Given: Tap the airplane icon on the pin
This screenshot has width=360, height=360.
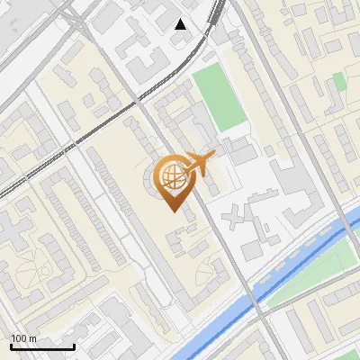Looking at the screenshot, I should (198, 164).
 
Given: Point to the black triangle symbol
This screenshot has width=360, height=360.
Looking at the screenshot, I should (181, 24).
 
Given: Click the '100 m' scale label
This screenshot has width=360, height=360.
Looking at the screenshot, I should (23, 338).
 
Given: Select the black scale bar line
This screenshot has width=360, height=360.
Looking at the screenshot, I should (42, 346).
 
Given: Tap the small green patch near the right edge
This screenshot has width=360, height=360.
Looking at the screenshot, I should (339, 82).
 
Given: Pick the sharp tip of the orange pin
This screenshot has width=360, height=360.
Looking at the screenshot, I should (172, 210).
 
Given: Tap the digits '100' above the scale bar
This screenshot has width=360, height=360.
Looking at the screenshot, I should (19, 338).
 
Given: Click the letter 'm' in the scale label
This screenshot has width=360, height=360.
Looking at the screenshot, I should (32, 339).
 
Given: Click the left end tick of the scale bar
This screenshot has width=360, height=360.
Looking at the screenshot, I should (11, 346).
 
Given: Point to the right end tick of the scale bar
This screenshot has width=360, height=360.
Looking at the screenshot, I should (74, 346).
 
